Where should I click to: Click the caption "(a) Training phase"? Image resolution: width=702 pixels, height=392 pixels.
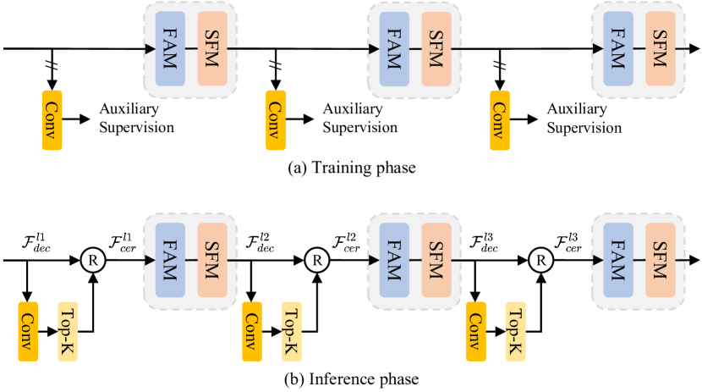351,168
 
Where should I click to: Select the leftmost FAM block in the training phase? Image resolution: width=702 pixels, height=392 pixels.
169,48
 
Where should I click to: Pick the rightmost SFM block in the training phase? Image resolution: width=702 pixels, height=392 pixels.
661,48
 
